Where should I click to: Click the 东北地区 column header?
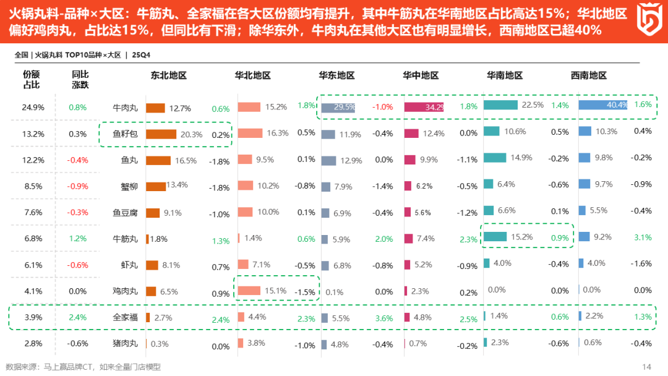(168, 75)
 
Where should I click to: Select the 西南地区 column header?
(588, 75)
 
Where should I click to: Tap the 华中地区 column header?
(421, 75)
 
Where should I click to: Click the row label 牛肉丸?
(125, 108)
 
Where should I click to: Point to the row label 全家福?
(125, 317)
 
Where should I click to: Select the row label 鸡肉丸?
(125, 291)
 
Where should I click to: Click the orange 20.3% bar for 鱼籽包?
(161, 134)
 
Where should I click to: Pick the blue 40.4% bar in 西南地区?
(603, 105)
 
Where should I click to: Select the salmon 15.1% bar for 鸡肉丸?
(249, 291)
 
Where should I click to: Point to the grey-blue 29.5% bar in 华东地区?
(338, 107)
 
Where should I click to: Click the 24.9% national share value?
(33, 107)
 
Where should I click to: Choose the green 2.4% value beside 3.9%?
(78, 317)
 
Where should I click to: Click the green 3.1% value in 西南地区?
(643, 237)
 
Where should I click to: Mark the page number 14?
(647, 366)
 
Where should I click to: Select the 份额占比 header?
(32, 80)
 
